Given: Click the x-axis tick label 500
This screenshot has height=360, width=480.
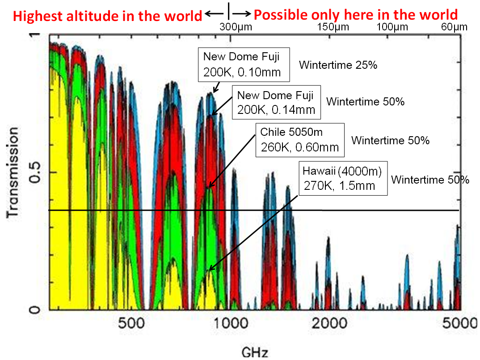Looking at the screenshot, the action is click(131, 323).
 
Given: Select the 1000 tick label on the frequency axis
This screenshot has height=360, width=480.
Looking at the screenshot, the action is click(231, 323).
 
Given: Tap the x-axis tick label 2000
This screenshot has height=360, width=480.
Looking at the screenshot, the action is click(329, 323).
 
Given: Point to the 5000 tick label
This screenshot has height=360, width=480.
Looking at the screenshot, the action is click(460, 323).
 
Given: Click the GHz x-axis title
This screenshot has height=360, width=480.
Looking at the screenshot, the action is click(255, 352).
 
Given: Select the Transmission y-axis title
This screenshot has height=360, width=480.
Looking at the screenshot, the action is click(13, 172).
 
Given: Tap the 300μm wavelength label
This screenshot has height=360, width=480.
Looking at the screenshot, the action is click(236, 27).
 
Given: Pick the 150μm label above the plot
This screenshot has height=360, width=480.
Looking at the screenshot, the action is click(333, 27).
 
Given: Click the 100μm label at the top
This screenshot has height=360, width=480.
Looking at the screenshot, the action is click(392, 27).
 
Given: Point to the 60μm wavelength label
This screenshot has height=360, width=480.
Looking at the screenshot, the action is click(454, 27).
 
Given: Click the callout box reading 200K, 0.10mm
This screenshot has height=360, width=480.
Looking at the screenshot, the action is click(244, 64).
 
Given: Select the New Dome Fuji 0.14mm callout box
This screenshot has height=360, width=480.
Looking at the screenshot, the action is click(277, 102).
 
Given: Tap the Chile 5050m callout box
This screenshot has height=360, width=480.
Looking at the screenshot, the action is click(300, 140).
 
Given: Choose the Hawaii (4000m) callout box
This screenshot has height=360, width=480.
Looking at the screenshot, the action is click(343, 178).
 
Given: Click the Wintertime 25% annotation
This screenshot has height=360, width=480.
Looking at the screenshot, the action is click(338, 65).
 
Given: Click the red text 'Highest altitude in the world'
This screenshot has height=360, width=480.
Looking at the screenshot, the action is click(107, 16).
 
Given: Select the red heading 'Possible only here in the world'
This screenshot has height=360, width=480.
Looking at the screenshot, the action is click(356, 15).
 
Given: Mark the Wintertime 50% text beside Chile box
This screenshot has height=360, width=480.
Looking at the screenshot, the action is click(390, 140).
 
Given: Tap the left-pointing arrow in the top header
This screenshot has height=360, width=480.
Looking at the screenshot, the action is click(214, 14).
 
